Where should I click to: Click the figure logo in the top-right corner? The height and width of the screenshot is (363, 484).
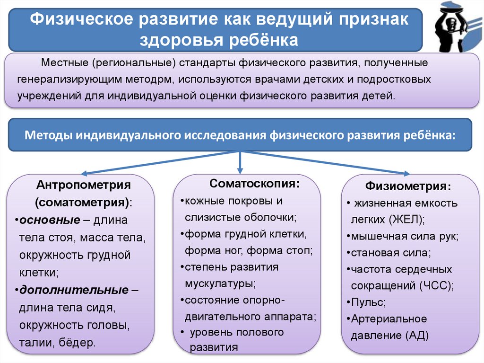click(x=456, y=27)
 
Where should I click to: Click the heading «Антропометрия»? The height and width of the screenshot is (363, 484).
click(x=84, y=184)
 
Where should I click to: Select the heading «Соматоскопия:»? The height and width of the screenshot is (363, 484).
click(x=254, y=183)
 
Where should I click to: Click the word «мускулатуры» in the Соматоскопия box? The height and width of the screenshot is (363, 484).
click(x=219, y=284)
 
